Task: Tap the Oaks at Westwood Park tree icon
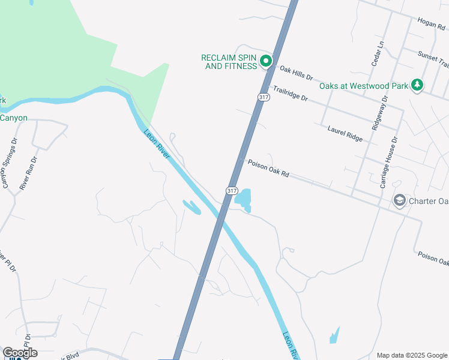click(417, 86)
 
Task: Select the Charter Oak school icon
click(399, 200)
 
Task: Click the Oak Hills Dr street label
click(297, 72)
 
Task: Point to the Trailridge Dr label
click(290, 93)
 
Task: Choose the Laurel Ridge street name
click(345, 133)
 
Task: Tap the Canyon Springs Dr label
click(10, 163)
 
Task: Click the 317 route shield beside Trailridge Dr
click(263, 97)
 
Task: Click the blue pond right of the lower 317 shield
click(243, 199)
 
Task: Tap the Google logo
click(20, 353)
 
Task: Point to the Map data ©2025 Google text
click(411, 355)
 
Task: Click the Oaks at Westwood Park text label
click(364, 86)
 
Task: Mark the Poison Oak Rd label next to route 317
click(268, 168)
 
